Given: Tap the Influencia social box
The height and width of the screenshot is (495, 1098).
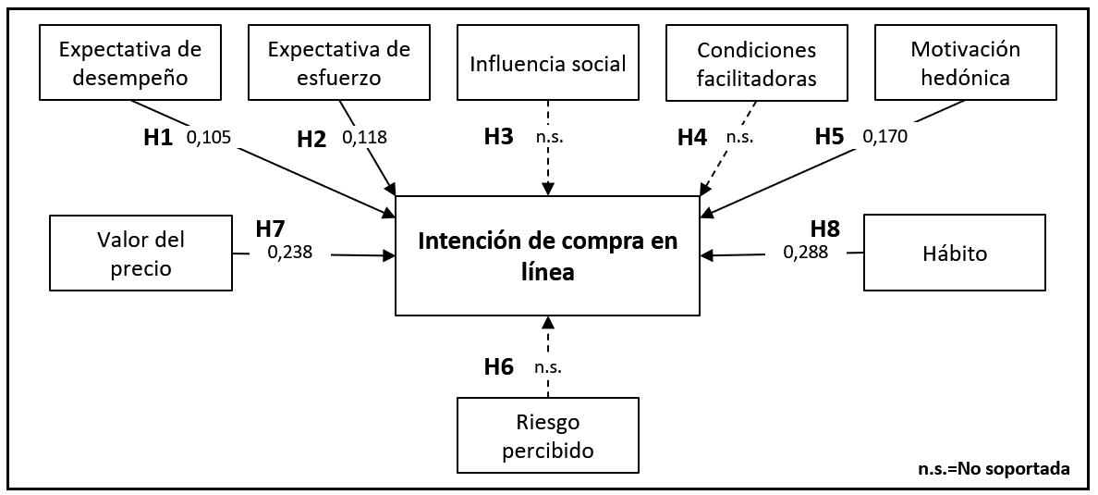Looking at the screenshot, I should click(547, 63).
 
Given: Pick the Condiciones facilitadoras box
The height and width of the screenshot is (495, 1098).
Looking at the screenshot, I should click(757, 63).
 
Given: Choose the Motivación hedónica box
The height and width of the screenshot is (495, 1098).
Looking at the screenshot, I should click(965, 63).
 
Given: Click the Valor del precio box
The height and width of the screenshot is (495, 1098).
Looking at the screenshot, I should click(141, 254).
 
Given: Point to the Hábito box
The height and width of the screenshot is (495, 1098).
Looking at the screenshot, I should click(954, 254).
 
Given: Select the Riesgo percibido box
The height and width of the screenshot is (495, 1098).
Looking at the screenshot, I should click(547, 437).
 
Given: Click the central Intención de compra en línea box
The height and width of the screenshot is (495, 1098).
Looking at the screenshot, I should click(547, 255).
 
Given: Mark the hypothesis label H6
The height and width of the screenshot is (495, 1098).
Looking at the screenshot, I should click(498, 366).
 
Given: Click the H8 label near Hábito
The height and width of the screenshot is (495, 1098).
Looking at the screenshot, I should click(825, 228).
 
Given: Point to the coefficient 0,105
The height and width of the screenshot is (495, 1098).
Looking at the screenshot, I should click(209, 138).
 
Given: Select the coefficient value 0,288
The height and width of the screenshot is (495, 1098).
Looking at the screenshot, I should click(806, 251).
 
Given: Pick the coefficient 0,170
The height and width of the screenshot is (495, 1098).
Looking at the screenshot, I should click(885, 137).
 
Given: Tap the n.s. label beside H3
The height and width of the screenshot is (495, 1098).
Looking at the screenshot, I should click(549, 137).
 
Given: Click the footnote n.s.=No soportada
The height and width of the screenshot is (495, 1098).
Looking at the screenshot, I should click(994, 468).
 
